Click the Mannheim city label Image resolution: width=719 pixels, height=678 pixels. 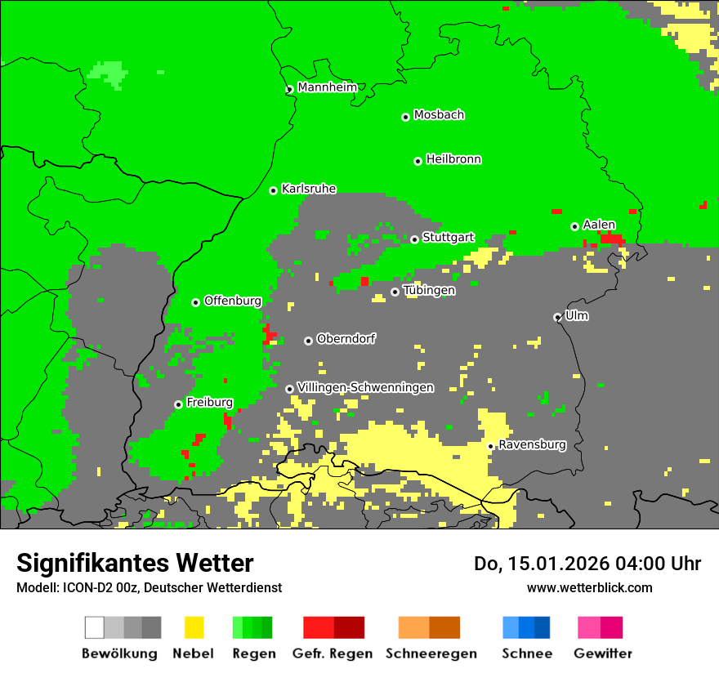(x=328, y=87)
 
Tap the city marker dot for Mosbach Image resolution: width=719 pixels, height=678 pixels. (x=405, y=118)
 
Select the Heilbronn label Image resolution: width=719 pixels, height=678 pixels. (x=453, y=159)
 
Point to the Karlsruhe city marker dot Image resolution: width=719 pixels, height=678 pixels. (x=274, y=191)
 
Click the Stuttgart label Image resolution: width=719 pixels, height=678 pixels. (x=448, y=238)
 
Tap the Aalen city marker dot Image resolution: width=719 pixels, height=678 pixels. (x=574, y=227)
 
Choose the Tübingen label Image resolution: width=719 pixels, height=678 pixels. (x=429, y=290)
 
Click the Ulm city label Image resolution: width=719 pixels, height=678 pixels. (x=577, y=315)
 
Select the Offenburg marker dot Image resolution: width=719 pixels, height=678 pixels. (x=196, y=303)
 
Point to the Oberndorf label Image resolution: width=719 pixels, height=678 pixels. (x=346, y=339)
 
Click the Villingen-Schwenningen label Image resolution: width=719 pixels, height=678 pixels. (x=365, y=387)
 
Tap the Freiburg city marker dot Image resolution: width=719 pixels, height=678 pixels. (x=178, y=405)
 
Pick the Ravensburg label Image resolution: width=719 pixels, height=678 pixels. (x=532, y=445)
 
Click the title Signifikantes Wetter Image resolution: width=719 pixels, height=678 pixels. (x=135, y=564)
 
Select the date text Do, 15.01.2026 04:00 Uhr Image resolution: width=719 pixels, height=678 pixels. (x=587, y=564)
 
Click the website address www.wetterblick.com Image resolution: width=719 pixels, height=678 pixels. (x=589, y=588)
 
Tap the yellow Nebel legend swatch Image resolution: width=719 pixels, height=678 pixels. (x=194, y=627)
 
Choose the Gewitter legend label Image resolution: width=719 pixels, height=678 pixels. (x=602, y=653)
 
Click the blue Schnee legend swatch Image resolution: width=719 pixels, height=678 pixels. (x=526, y=627)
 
